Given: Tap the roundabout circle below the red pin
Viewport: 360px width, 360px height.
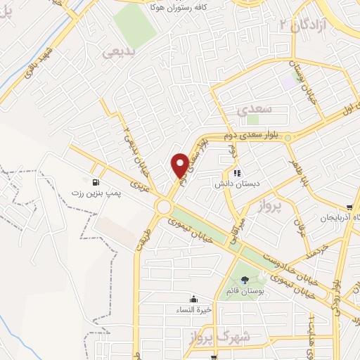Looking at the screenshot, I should point(165,207).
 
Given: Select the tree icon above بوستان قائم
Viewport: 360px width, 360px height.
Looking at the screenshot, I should point(244,280).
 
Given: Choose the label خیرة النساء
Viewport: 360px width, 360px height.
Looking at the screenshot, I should point(193,309).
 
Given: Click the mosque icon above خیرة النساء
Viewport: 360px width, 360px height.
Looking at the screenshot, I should point(193,298).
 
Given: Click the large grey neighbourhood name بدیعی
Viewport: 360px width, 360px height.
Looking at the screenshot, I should point(117,51).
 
